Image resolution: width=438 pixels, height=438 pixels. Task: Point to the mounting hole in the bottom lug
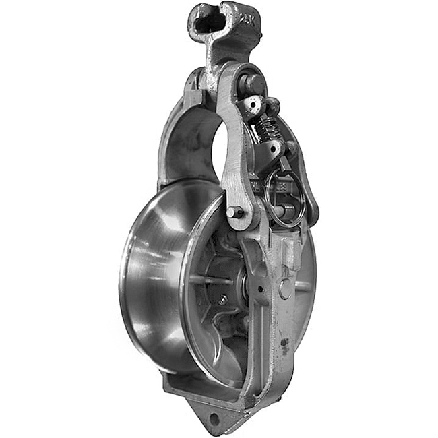[215, 418]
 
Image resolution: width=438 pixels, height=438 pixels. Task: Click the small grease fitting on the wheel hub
[222, 300]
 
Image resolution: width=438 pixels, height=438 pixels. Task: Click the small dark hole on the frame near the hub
[259, 288]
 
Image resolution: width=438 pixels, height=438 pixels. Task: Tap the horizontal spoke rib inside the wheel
[209, 278]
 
